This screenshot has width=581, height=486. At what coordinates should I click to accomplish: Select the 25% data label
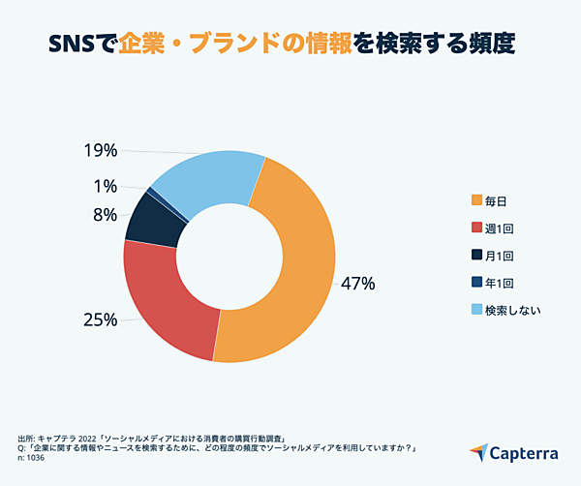coord(100,319)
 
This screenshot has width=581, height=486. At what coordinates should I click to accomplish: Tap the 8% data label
coord(106,215)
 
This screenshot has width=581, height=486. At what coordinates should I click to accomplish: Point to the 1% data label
coord(106,186)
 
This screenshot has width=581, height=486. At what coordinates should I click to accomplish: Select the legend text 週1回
coord(499,228)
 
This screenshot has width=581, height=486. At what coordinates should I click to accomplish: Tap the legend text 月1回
coord(499,256)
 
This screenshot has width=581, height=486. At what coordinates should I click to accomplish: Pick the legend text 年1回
coord(499,283)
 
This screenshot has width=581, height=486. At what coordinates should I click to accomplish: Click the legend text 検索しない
coord(512,310)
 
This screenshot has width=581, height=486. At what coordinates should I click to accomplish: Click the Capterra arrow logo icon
coord(479,451)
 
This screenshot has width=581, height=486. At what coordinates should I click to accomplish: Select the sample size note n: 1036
coord(38,457)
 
